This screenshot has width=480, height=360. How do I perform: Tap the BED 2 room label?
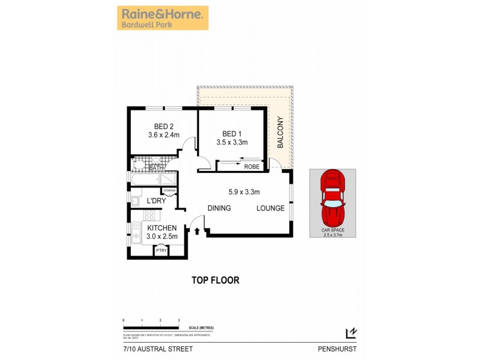pyautogui.click(x=163, y=127)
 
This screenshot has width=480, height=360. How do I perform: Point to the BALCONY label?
pyautogui.click(x=280, y=133)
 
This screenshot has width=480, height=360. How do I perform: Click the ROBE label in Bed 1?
pyautogui.click(x=252, y=167)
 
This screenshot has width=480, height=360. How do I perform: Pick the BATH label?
pyautogui.click(x=156, y=168)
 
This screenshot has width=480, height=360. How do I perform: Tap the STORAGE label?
pyautogui.click(x=169, y=191)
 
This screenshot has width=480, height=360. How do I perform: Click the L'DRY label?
pyautogui.click(x=156, y=202)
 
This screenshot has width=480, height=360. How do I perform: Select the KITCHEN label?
pyautogui.click(x=161, y=228)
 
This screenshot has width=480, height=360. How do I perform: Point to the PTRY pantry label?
pyautogui.click(x=161, y=251)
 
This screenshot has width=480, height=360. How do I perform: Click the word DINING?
pyautogui.click(x=220, y=208)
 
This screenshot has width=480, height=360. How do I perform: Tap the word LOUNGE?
pyautogui.click(x=270, y=208)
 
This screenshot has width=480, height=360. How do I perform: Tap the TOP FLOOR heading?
pyautogui.click(x=215, y=280)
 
